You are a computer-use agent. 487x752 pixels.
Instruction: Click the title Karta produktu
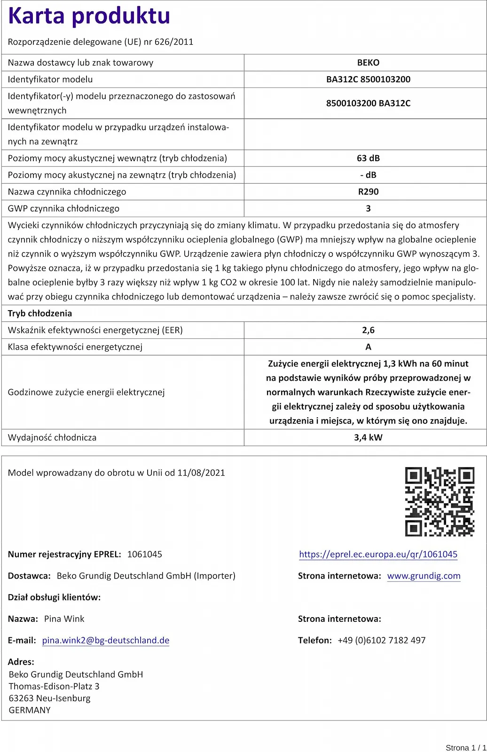point(89,16)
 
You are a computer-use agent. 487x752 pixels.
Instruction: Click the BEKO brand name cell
point(368,63)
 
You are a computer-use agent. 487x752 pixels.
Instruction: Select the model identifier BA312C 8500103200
point(368,79)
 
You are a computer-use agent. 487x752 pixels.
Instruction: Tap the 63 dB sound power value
point(368,158)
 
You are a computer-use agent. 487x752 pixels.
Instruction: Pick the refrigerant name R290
point(368,192)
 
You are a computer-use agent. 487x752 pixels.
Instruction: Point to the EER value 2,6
point(368,330)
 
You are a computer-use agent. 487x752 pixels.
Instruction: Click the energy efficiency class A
point(368,347)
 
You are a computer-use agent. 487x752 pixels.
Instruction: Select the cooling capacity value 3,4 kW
point(368,438)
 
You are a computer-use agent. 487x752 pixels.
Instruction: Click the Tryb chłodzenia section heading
point(40,313)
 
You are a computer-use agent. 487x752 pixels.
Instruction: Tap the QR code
point(440,501)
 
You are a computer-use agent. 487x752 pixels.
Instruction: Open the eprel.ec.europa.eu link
point(378,554)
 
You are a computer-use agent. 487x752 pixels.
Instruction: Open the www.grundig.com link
point(424,576)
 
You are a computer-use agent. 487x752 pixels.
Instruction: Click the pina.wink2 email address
point(106,640)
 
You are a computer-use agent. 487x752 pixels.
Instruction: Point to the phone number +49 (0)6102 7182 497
point(381,640)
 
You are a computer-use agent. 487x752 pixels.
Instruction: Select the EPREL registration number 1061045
point(144,554)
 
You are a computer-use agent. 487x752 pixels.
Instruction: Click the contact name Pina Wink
point(64,619)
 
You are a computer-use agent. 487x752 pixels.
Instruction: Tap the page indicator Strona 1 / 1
point(465,747)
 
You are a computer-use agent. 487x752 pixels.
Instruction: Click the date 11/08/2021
point(201,473)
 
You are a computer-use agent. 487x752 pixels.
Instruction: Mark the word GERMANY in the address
point(30,710)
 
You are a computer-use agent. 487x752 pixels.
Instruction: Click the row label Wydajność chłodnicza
point(52,438)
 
